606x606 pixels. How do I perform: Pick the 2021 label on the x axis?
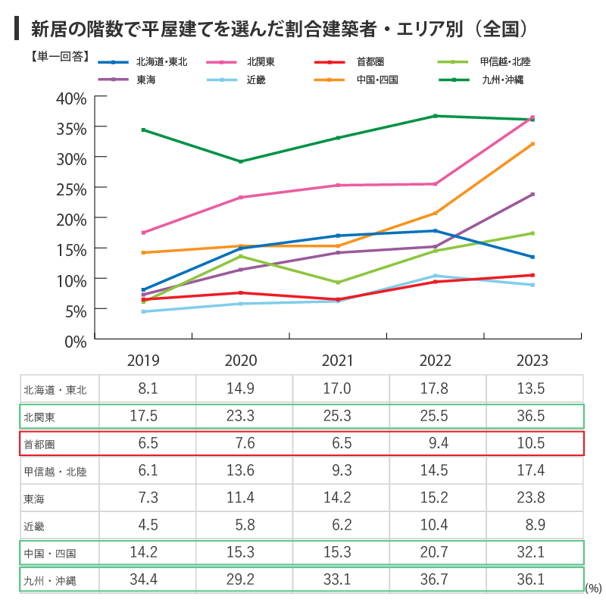click(x=337, y=361)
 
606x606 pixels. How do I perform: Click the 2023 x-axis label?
click(x=532, y=361)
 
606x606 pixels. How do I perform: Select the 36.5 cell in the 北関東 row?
click(x=532, y=416)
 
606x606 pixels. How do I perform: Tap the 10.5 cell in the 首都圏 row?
click(x=532, y=443)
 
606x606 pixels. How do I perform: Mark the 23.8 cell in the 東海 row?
click(x=532, y=498)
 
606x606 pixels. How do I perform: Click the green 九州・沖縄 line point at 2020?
click(x=241, y=161)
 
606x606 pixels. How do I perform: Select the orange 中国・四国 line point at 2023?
click(x=533, y=144)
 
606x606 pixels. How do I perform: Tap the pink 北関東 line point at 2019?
click(x=143, y=233)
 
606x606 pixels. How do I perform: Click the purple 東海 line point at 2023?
click(x=533, y=194)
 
